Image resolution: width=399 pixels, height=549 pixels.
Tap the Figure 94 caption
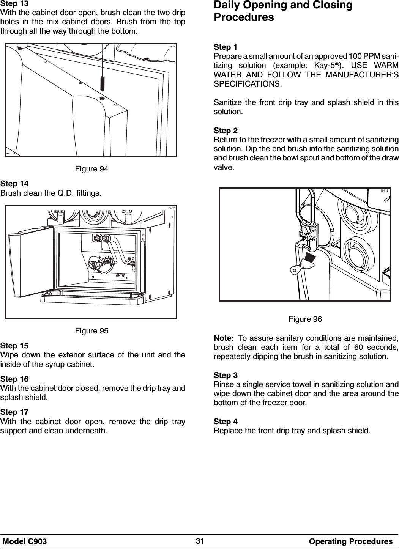91,169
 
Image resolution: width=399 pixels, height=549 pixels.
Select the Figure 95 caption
91,331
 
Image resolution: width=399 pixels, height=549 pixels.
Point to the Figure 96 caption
305,319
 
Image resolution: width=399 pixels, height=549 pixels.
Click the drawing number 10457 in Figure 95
171,208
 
